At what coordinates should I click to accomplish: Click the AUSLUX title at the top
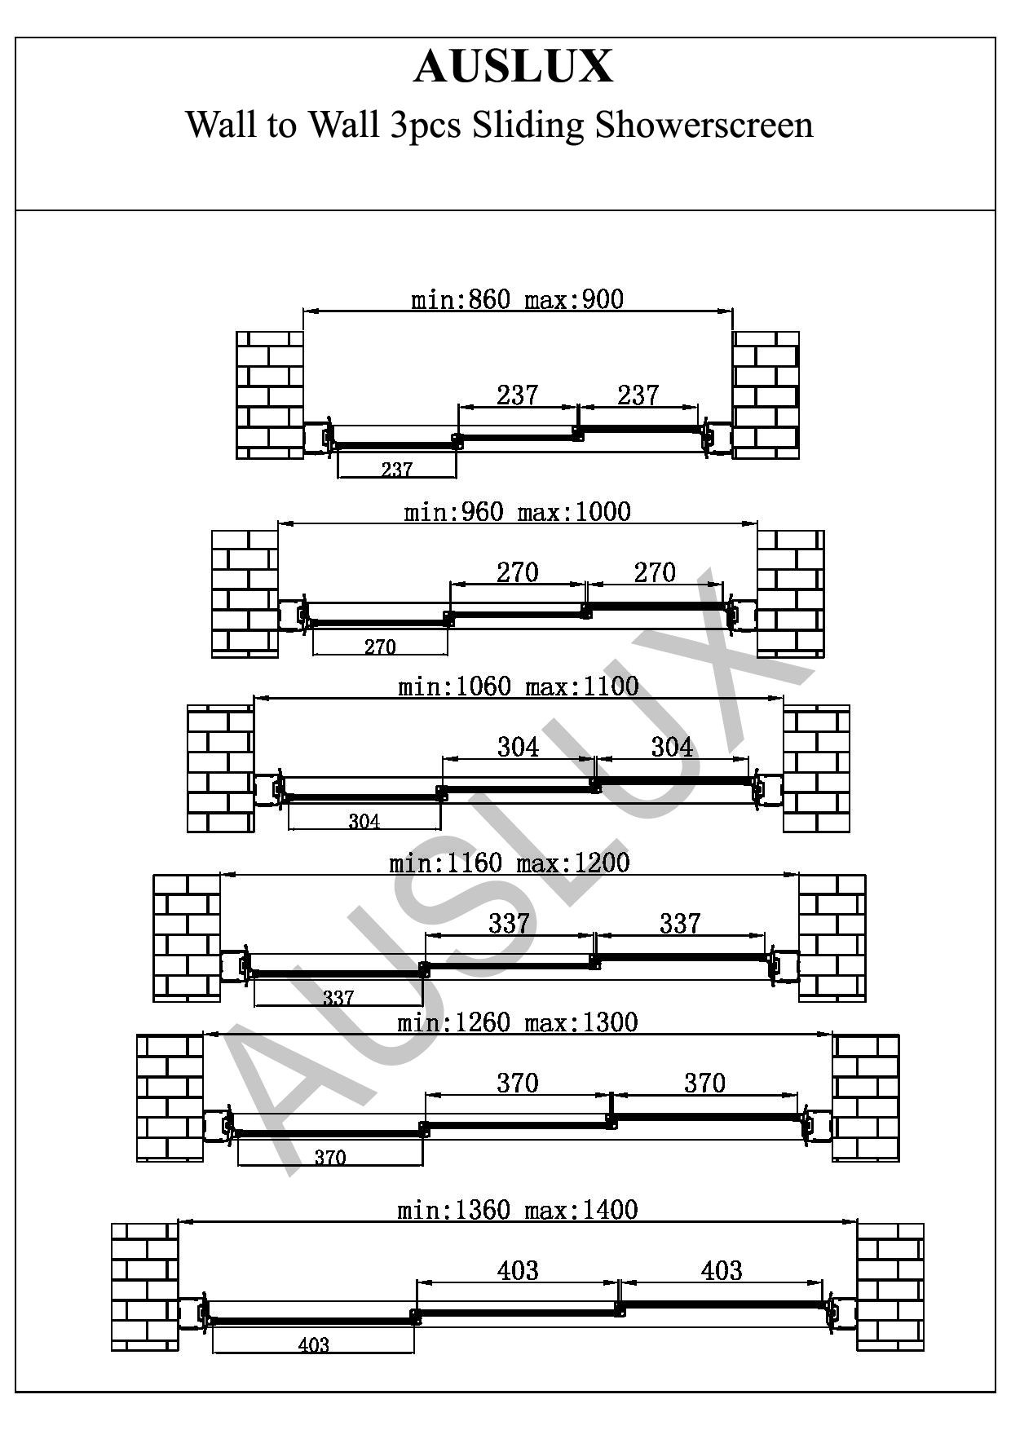[513, 67]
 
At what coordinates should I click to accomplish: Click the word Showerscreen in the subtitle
[704, 125]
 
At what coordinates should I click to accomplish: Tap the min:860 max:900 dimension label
[517, 299]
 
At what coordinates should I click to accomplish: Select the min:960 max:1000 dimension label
[517, 512]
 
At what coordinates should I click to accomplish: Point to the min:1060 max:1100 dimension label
[518, 686]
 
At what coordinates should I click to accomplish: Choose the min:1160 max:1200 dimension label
[510, 863]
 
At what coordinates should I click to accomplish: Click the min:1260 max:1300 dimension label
[517, 1022]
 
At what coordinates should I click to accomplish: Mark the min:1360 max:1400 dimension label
[517, 1210]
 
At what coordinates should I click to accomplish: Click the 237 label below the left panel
[397, 470]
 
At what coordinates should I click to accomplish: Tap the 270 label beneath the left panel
[380, 647]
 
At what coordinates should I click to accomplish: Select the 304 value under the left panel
[364, 822]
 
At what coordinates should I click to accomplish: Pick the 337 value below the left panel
[338, 997]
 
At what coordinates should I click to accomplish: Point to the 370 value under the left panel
[330, 1158]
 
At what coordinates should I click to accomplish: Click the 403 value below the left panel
[314, 1344]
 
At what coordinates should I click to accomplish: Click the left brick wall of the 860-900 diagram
[270, 395]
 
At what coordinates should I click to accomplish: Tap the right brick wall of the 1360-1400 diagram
[890, 1287]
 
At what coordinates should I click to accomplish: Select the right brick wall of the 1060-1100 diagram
[816, 769]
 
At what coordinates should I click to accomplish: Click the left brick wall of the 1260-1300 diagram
[170, 1098]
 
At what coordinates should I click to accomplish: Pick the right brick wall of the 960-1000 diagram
[791, 594]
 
